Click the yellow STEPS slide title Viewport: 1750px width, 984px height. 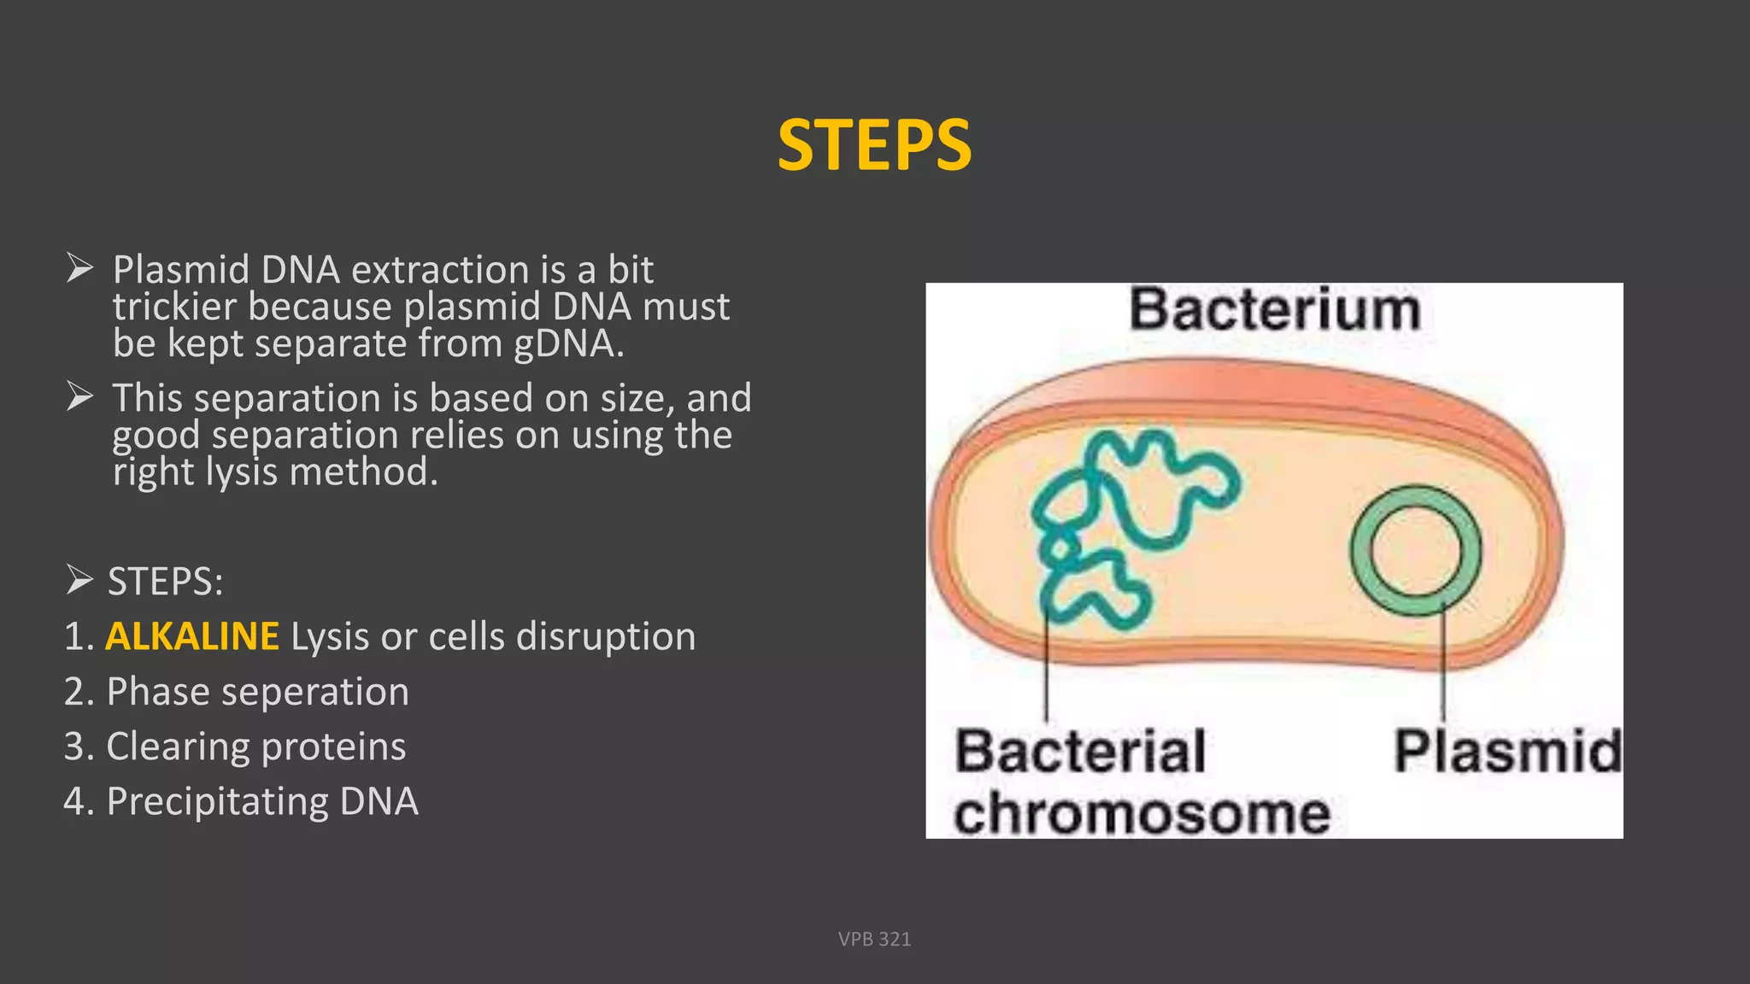pyautogui.click(x=874, y=145)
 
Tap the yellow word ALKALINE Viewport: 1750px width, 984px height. pyautogui.click(x=192, y=636)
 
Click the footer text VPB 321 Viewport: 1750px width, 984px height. pyautogui.click(x=874, y=939)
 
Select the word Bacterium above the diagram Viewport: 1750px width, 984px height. pyautogui.click(x=1274, y=309)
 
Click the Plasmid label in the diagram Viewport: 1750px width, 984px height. pyautogui.click(x=1507, y=752)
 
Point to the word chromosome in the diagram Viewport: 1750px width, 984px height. pyautogui.click(x=1142, y=813)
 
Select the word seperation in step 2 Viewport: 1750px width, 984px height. pyautogui.click(x=315, y=692)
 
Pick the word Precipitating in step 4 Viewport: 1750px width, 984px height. pyautogui.click(x=217, y=802)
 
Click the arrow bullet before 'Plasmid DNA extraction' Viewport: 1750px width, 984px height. pyautogui.click(x=79, y=269)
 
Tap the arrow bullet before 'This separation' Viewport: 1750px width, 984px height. pyautogui.click(x=79, y=397)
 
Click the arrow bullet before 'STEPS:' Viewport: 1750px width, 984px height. pyautogui.click(x=79, y=581)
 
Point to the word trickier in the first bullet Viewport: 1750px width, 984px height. pyautogui.click(x=174, y=307)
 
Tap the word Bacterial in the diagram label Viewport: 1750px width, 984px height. pyautogui.click(x=1080, y=752)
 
